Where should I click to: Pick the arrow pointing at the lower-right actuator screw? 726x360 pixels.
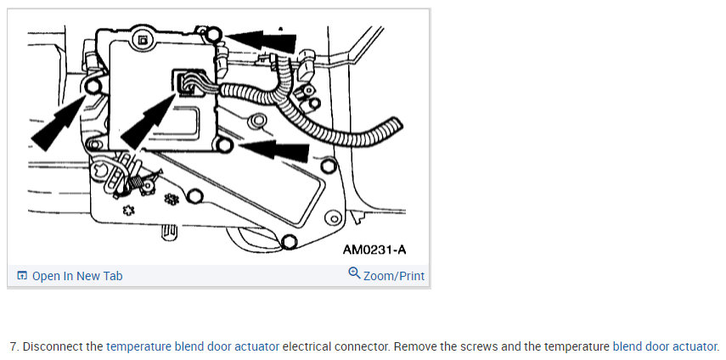point(277,150)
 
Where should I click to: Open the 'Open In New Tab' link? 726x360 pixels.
point(77,276)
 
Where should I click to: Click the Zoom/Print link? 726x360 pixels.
point(394,276)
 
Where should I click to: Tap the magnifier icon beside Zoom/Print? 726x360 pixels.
point(354,274)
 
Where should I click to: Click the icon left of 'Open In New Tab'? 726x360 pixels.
point(22,276)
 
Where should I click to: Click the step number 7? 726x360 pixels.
point(14,346)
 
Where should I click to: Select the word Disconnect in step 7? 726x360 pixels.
point(53,346)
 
